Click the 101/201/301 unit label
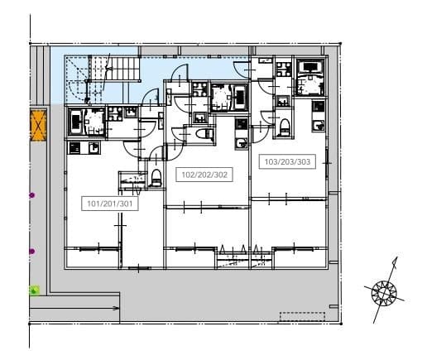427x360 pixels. pyautogui.click(x=110, y=204)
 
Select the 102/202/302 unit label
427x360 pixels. pyautogui.click(x=204, y=175)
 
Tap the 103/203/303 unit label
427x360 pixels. pyautogui.click(x=287, y=161)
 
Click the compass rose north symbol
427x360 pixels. pyautogui.click(x=384, y=291)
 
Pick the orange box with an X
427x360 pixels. pyautogui.click(x=38, y=125)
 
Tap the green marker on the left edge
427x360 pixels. pyautogui.click(x=34, y=290)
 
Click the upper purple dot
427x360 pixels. pyautogui.click(x=32, y=195)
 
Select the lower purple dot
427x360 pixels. pyautogui.click(x=32, y=252)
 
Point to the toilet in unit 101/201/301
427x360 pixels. pyautogui.click(x=156, y=178)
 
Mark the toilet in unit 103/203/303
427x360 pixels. pyautogui.click(x=284, y=127)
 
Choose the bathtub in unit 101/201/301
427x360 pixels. pyautogui.click(x=74, y=122)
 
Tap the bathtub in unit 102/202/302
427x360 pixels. pyautogui.click(x=241, y=98)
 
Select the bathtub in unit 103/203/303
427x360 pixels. pyautogui.click(x=311, y=66)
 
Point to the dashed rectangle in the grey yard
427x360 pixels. pyautogui.click(x=302, y=317)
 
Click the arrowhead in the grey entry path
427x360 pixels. pyautogui.click(x=117, y=308)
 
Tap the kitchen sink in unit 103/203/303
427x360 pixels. pyautogui.click(x=319, y=126)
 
